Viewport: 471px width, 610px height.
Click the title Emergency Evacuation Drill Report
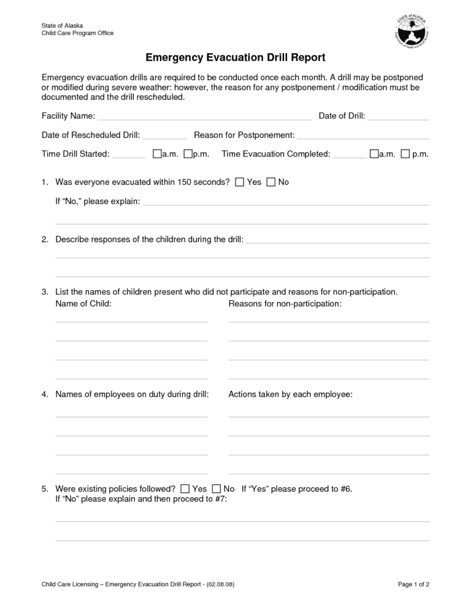tap(235, 58)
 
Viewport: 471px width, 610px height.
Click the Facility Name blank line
tap(204, 117)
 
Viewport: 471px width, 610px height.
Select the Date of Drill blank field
tap(399, 117)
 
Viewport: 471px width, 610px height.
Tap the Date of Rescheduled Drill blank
tap(164, 136)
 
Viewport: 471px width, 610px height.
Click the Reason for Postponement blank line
tap(363, 136)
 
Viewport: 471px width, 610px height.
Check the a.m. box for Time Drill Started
tap(157, 154)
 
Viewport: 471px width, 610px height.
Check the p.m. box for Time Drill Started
tap(188, 154)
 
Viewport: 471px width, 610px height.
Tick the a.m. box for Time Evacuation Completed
tap(374, 154)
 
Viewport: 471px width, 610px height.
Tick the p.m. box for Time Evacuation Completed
tap(405, 154)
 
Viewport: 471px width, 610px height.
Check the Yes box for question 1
tap(240, 182)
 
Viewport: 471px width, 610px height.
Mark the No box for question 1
tap(271, 182)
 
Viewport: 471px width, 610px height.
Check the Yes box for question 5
tap(185, 489)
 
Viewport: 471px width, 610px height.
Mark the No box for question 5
tap(216, 489)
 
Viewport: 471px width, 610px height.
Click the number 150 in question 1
tap(184, 182)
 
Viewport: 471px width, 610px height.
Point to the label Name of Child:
tap(83, 304)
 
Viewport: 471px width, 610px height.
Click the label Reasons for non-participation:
tap(285, 304)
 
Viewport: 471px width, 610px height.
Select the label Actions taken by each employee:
tap(290, 395)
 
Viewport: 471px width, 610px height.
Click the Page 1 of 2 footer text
tap(413, 584)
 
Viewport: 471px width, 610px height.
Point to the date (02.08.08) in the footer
tap(220, 584)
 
